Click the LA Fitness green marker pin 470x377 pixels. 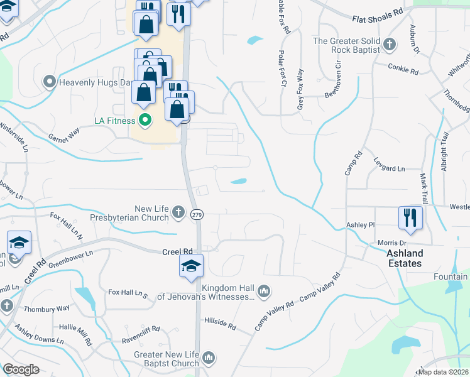pos(145,120)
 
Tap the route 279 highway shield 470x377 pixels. pos(197,214)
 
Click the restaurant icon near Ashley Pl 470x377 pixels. pos(409,217)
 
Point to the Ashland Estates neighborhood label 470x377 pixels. pos(404,258)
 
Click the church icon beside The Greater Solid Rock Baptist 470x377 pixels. pos(390,45)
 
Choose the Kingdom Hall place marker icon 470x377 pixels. pos(264,291)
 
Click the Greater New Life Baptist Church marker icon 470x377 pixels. pos(209,358)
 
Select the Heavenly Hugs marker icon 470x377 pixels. pos(49,82)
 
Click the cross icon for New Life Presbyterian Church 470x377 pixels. pos(178,212)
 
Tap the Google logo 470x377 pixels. pos(21,369)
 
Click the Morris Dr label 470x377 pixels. pos(391,243)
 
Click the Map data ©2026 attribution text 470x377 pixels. pos(443,372)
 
